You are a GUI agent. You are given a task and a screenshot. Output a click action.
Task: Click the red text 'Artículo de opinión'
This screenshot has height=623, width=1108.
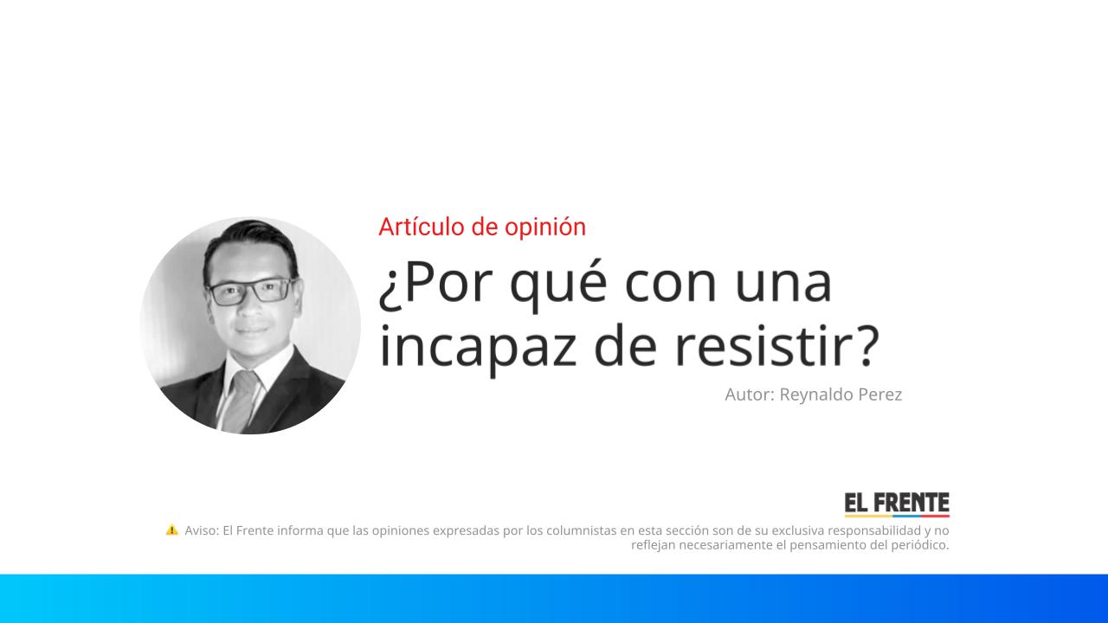point(482,227)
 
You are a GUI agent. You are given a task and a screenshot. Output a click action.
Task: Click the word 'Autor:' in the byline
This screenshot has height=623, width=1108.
point(749,395)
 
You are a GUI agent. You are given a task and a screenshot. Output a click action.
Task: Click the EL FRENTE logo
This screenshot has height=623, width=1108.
point(897,504)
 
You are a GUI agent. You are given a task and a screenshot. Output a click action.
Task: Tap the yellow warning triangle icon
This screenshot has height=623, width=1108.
point(172,530)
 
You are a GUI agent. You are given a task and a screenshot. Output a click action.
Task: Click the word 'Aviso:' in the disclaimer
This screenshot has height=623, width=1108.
point(202,530)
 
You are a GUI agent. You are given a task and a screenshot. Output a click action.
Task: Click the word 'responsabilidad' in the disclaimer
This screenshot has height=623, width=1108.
point(873,530)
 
